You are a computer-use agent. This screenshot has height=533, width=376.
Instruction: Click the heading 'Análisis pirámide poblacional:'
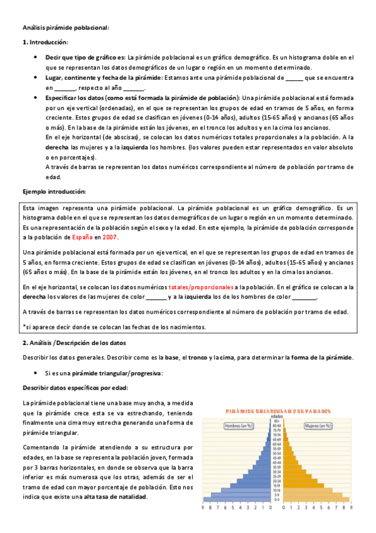65,27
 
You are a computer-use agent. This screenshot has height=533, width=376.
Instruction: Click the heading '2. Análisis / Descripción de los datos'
74,343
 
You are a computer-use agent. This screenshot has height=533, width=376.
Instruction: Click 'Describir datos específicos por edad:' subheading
75,388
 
